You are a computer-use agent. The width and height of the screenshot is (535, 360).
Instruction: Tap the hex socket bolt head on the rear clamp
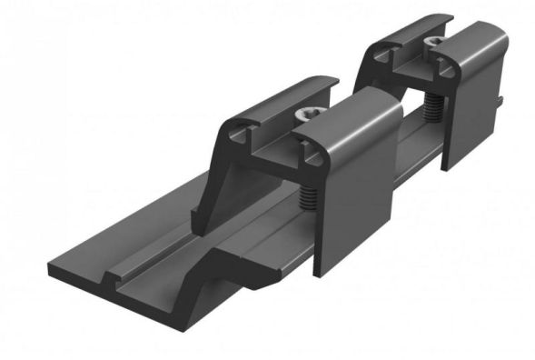[437, 43]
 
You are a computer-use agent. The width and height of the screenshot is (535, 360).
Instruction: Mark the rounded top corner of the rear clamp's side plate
[495, 32]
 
